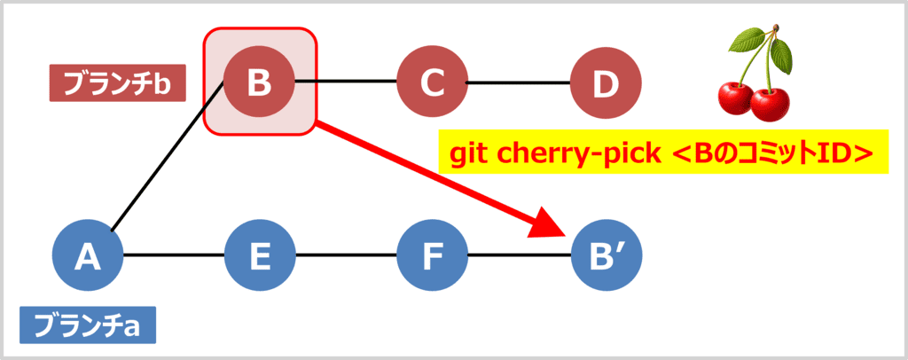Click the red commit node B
(x=259, y=83)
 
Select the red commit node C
(x=432, y=83)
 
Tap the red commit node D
(x=605, y=83)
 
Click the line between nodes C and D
(x=518, y=83)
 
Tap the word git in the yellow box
(x=469, y=155)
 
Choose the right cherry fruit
(x=769, y=104)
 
